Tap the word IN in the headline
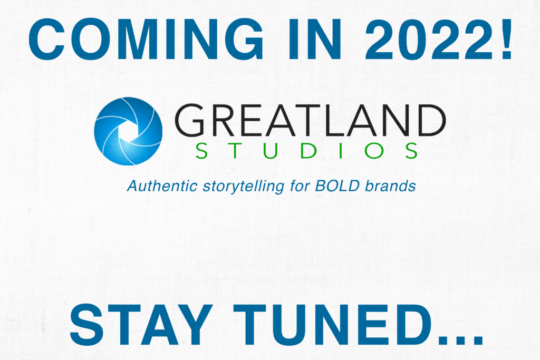tap(315, 40)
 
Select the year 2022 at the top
tap(429, 39)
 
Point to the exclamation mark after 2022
tap(506, 39)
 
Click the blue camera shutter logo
tap(128, 131)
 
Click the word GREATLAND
tap(310, 120)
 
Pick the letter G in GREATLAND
tap(190, 120)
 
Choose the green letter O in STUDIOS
tap(374, 151)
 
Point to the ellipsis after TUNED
tap(460, 339)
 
